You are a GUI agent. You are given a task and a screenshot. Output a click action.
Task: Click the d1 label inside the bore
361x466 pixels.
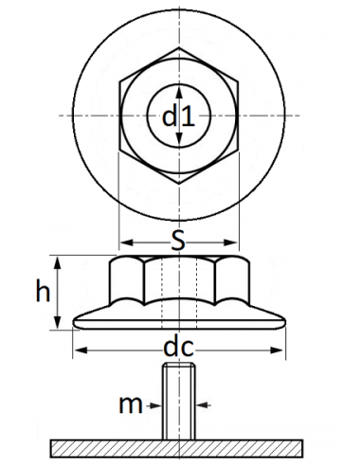[178, 116]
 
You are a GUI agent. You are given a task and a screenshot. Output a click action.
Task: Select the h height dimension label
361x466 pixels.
[43, 292]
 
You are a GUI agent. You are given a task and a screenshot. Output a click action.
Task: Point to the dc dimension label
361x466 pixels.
[178, 349]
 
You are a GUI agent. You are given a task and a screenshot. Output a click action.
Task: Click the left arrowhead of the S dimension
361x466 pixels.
[122, 241]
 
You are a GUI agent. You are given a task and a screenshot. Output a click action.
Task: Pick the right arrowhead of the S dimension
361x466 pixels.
[236, 241]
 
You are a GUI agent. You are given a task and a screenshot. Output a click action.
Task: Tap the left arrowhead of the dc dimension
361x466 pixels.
[77, 350]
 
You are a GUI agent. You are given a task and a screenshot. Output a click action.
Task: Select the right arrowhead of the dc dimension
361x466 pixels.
[280, 350]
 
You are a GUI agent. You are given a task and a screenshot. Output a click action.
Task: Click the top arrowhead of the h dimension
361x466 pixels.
[60, 259]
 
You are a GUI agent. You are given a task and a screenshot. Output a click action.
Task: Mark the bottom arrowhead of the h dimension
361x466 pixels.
[60, 327]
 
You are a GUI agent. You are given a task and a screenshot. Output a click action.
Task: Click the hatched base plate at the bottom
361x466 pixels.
[178, 446]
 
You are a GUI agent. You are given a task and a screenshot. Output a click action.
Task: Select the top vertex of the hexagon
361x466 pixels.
[179, 46]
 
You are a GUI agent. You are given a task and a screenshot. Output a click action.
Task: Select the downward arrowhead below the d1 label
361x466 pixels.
[179, 140]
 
